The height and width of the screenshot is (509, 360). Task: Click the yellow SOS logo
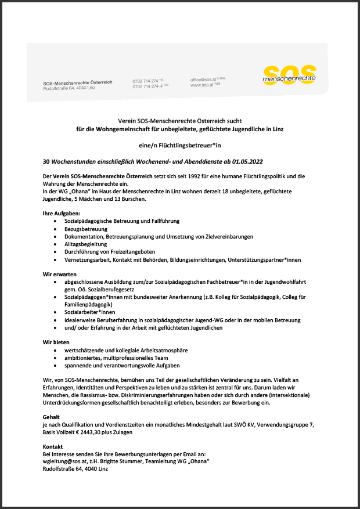(x=289, y=74)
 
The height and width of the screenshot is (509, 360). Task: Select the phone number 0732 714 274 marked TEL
(x=147, y=81)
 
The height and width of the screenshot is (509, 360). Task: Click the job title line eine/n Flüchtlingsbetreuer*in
(x=179, y=144)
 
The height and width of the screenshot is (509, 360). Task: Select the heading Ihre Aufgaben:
(x=60, y=214)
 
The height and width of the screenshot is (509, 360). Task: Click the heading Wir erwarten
(x=59, y=274)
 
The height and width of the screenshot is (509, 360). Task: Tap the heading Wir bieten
(x=56, y=342)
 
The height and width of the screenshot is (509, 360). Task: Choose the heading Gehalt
(x=51, y=417)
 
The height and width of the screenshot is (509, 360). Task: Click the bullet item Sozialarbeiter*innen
(x=94, y=312)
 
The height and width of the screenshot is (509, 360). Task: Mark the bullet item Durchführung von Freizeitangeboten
(x=110, y=252)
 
